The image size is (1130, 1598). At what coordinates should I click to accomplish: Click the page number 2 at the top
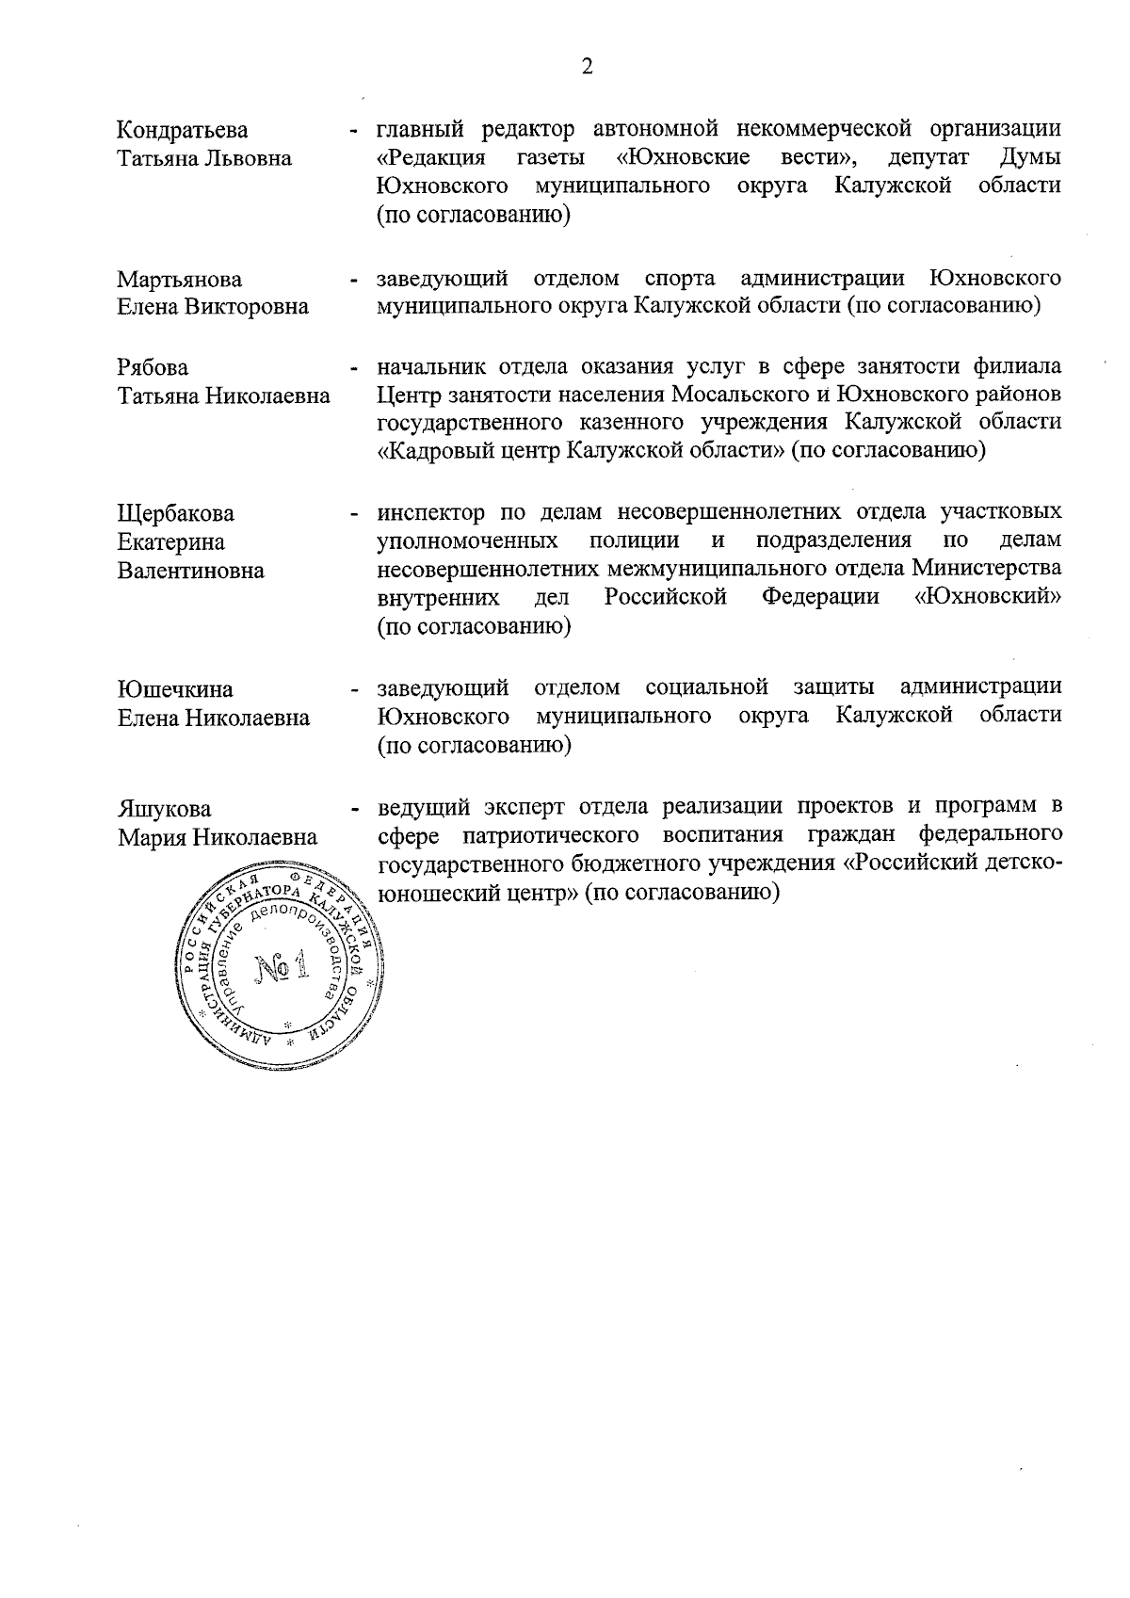[x=588, y=66]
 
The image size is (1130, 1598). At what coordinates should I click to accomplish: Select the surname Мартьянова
[x=179, y=280]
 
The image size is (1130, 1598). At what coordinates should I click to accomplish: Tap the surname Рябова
[x=153, y=367]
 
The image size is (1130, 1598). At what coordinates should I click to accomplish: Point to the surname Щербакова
[x=176, y=514]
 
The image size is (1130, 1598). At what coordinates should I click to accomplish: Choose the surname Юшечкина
[x=175, y=689]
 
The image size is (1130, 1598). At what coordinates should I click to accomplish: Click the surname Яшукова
[x=164, y=809]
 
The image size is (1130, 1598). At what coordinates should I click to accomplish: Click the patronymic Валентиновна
[x=190, y=571]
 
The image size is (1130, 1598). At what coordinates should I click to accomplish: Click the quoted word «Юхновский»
[x=988, y=597]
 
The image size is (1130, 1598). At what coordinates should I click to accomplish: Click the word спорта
[x=680, y=279]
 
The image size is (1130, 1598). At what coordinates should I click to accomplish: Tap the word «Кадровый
[x=428, y=451]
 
